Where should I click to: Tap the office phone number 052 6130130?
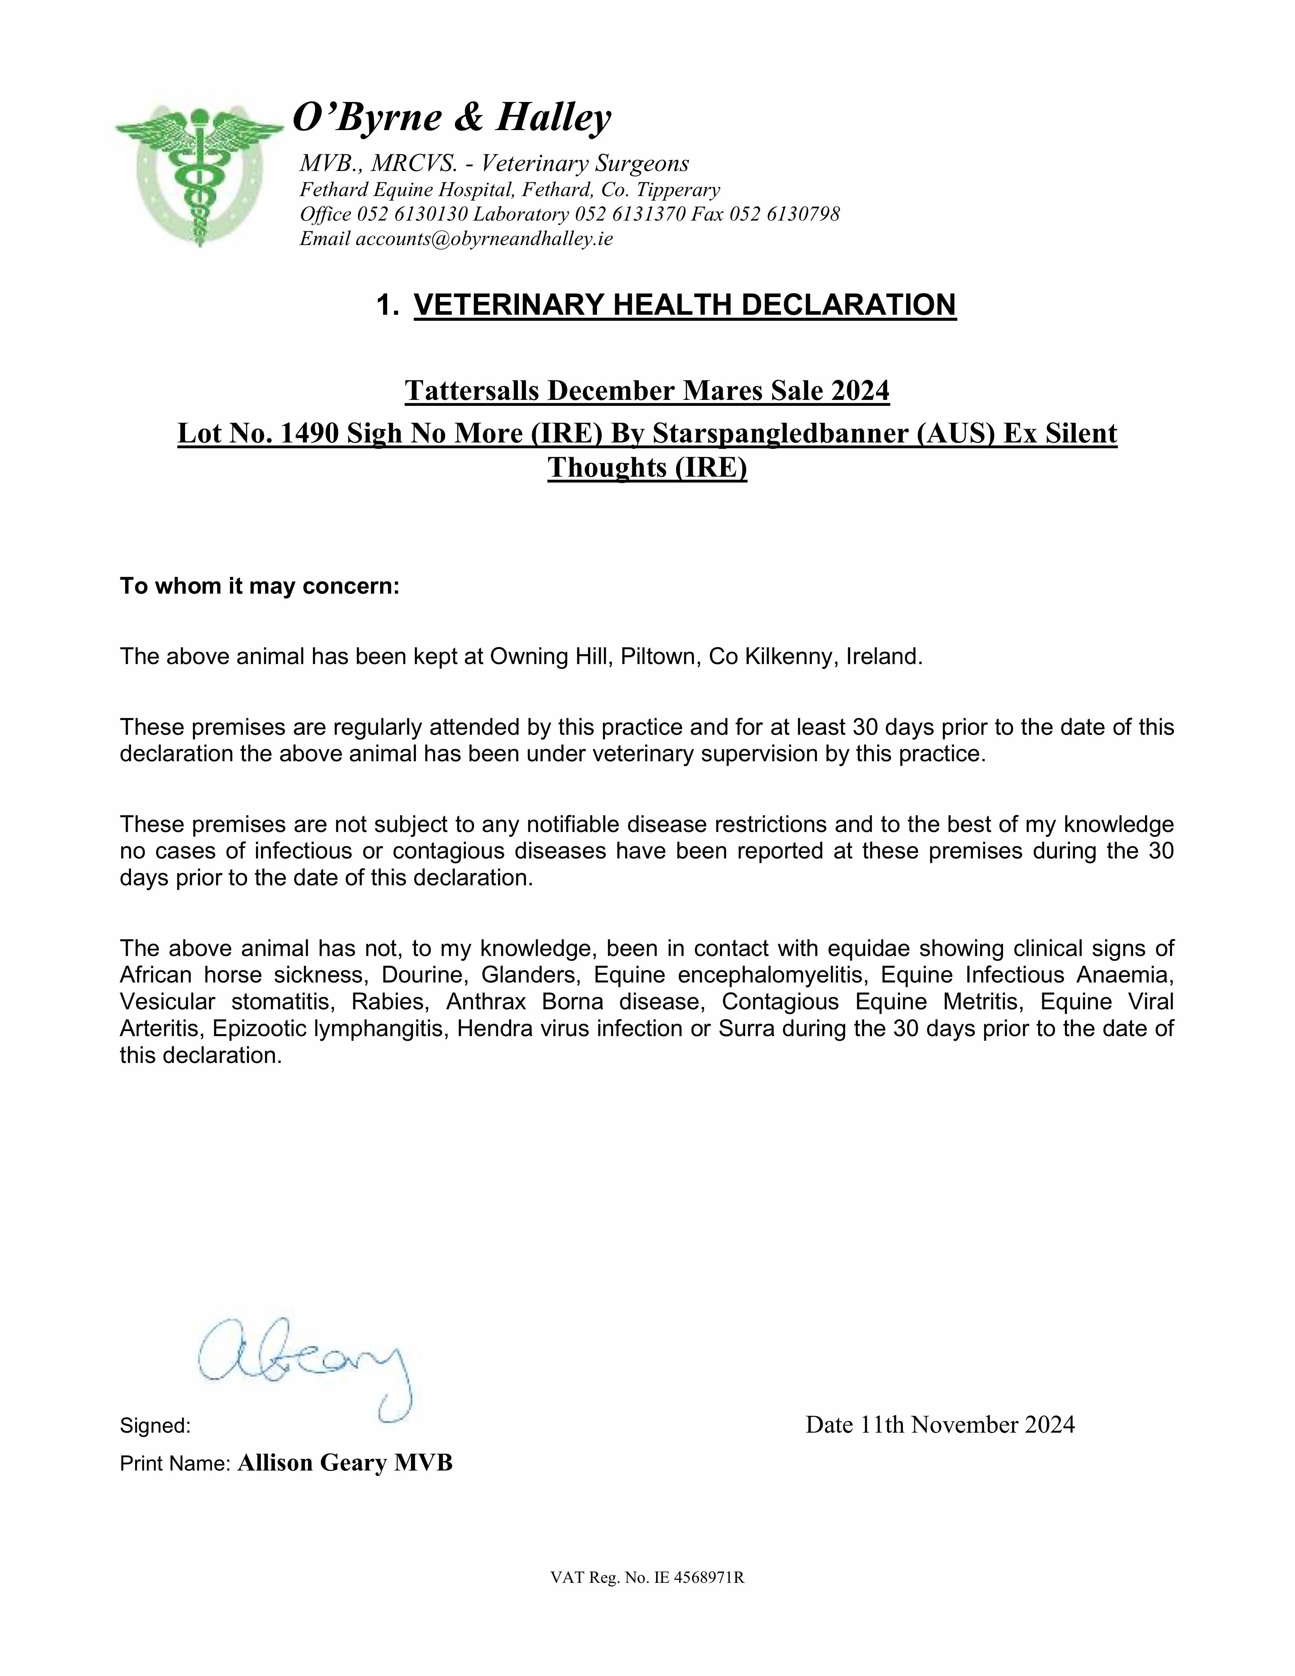click(x=413, y=214)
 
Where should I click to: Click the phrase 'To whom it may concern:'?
click(x=259, y=586)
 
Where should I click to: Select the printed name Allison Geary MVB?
click(x=345, y=1463)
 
